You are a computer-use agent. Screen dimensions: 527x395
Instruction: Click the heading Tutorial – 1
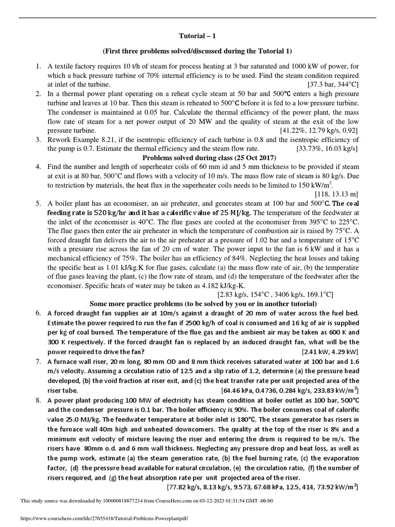(x=197, y=37)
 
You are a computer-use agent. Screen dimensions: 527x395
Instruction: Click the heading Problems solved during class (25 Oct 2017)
(x=197, y=157)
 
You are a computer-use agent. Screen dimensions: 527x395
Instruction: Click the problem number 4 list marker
(x=38, y=167)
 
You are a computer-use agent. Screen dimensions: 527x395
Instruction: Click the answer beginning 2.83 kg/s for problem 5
(x=275, y=294)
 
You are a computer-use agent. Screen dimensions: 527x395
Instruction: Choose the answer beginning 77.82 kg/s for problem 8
(x=262, y=486)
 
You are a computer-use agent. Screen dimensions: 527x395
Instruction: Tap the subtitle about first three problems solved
(x=197, y=51)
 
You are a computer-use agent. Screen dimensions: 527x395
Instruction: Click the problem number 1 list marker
(x=38, y=66)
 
